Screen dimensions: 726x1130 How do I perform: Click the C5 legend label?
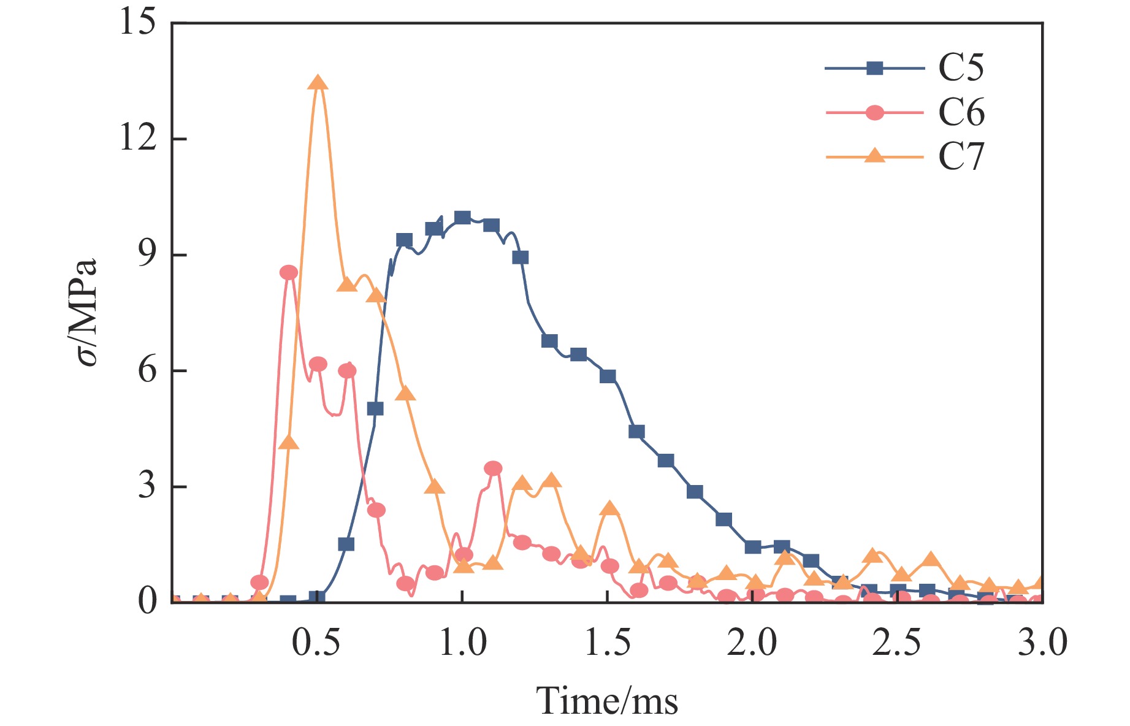(961, 68)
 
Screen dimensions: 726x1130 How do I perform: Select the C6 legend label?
(961, 113)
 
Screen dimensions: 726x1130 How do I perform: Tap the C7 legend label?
(961, 157)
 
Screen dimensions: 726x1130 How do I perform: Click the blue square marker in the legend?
(874, 68)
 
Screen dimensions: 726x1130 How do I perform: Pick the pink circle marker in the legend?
(874, 113)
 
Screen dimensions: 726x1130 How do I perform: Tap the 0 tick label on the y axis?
(147, 602)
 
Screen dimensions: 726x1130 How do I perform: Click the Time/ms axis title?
(607, 701)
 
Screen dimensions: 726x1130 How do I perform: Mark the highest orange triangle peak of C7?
(318, 83)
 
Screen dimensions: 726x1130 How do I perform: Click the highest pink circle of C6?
(288, 273)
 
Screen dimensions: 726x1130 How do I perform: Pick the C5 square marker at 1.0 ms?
(462, 218)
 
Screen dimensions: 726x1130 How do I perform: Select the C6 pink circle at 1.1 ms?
(492, 468)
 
